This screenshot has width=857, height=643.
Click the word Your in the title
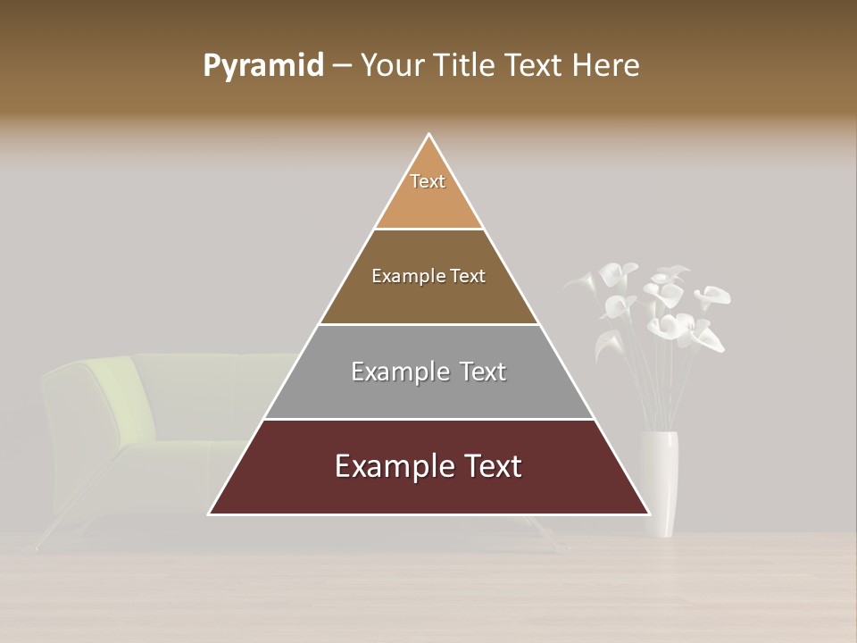coord(393,66)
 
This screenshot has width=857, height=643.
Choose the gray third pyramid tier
coord(428,393)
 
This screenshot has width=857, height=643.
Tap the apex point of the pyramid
coord(429,135)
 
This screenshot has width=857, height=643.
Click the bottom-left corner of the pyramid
coord(210,514)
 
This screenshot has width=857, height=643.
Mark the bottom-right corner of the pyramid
coord(649,514)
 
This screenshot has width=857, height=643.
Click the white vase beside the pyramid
coord(660,482)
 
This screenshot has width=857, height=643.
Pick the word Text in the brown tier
coord(468,276)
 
